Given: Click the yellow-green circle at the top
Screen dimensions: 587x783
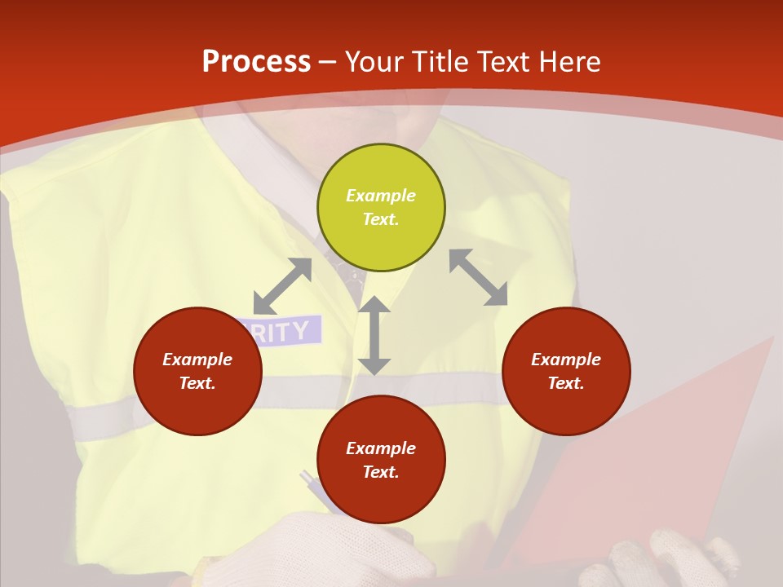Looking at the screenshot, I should [381, 208].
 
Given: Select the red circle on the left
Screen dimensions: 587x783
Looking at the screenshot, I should [197, 372].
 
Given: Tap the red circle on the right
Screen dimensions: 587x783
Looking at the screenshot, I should [566, 372].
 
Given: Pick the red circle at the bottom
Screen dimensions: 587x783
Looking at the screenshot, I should [381, 460].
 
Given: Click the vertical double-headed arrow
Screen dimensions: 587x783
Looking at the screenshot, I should [374, 335].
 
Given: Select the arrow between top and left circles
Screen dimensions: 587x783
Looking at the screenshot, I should [282, 286].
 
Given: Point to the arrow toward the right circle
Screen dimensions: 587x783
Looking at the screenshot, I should [478, 277].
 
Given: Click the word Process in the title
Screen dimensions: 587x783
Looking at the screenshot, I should [256, 61].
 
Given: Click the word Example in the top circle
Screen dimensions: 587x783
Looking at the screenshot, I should [381, 196].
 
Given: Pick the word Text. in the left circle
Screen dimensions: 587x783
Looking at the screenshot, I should [197, 383].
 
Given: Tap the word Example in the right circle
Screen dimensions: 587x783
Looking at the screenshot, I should [566, 360].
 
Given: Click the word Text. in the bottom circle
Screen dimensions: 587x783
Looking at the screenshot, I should [381, 472].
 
